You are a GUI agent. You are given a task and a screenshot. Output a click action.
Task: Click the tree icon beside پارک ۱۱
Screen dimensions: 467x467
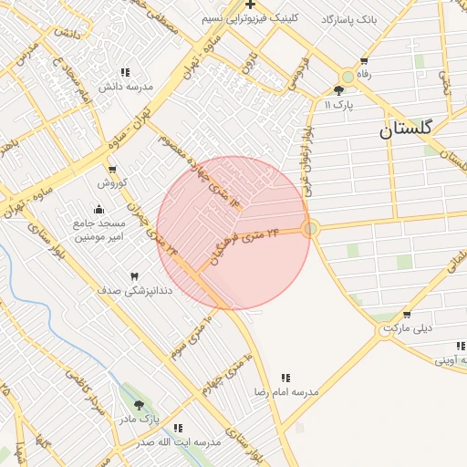[339, 90]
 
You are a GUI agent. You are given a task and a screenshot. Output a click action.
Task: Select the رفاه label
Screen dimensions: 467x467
[365, 74]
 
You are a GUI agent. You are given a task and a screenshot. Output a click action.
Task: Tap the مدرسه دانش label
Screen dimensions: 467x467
[125, 87]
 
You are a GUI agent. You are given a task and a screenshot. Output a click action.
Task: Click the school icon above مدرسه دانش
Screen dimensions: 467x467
[125, 72]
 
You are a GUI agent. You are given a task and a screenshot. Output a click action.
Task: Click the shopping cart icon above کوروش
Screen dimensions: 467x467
[111, 170]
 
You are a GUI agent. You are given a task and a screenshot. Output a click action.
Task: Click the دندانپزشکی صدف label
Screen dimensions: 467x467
[134, 290]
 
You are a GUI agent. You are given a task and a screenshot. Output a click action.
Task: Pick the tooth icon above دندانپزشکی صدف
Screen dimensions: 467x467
[134, 275]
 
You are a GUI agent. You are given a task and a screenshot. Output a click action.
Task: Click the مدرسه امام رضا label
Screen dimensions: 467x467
[286, 391]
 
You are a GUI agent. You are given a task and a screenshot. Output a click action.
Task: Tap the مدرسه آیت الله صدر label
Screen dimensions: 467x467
[179, 442]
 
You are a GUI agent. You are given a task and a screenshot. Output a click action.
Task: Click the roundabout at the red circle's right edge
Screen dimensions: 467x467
[310, 228]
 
